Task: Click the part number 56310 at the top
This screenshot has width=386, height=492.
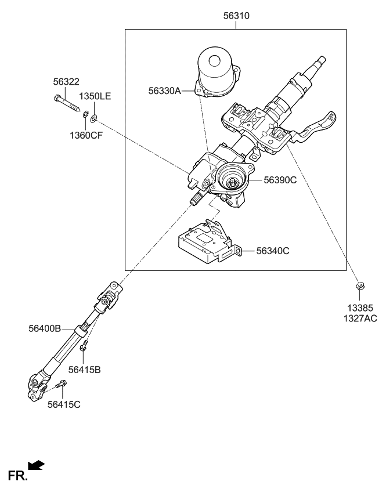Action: click(236, 17)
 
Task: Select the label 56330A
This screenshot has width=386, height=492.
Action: click(165, 91)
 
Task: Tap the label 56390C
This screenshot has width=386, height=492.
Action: click(280, 180)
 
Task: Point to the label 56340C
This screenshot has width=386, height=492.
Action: click(272, 251)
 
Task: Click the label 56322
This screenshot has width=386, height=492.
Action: click(66, 83)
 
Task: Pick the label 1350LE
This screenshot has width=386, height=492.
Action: click(95, 96)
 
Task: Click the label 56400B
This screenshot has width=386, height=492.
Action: click(45, 328)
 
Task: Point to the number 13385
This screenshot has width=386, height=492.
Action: click(360, 307)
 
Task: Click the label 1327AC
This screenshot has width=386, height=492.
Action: click(360, 319)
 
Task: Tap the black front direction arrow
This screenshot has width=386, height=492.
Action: click(36, 465)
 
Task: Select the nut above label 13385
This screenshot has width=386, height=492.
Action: click(360, 285)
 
